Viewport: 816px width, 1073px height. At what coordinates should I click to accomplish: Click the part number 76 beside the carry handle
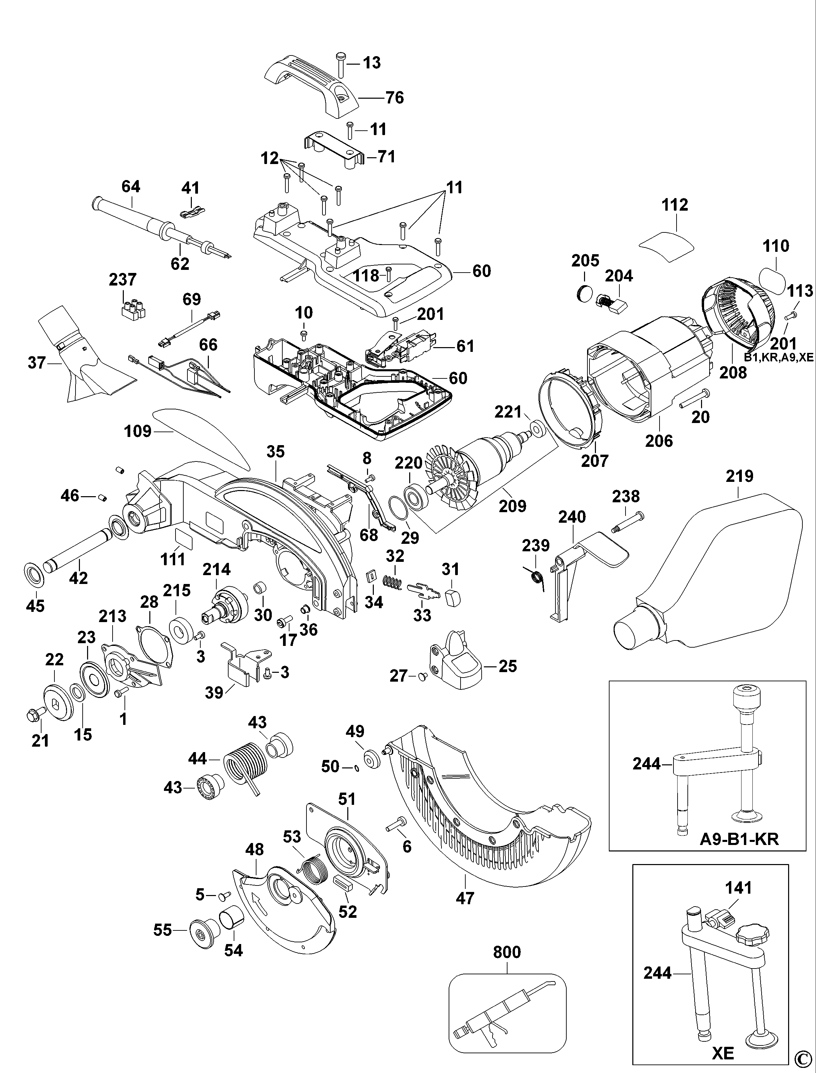[x=395, y=98]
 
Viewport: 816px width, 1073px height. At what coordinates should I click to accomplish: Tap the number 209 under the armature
[x=513, y=506]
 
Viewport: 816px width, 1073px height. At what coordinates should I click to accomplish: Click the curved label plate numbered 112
[x=666, y=242]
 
